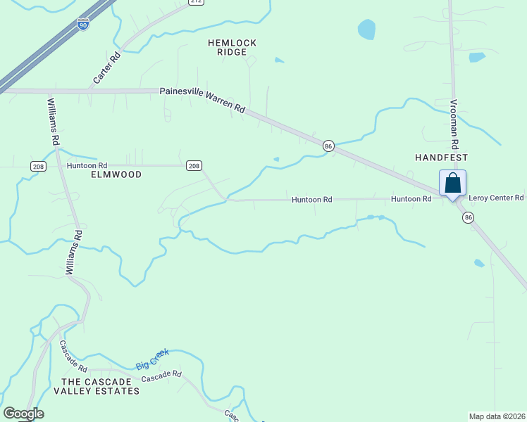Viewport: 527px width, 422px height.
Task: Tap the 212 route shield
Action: [196, 2]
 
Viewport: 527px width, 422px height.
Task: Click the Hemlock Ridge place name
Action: [232, 47]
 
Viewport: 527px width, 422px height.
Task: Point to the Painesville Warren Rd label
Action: [202, 100]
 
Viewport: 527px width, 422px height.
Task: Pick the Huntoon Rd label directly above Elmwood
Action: [87, 165]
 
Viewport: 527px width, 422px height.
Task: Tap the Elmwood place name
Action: [116, 174]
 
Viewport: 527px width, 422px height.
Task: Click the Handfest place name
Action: [442, 158]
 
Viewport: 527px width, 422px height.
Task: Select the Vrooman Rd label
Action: [454, 122]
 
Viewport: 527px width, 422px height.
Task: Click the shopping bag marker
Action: [452, 183]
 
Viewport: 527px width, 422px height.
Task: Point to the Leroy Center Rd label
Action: [496, 198]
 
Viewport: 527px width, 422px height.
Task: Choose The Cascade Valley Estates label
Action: [96, 385]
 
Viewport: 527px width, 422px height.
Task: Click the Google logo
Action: [23, 414]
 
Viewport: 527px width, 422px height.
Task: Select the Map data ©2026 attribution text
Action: [497, 416]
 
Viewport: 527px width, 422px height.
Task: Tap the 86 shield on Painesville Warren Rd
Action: [328, 146]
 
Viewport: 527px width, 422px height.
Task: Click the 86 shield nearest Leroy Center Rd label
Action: [469, 218]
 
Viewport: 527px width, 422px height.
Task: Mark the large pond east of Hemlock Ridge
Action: [366, 29]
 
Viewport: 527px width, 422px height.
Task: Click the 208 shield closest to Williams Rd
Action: [38, 166]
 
